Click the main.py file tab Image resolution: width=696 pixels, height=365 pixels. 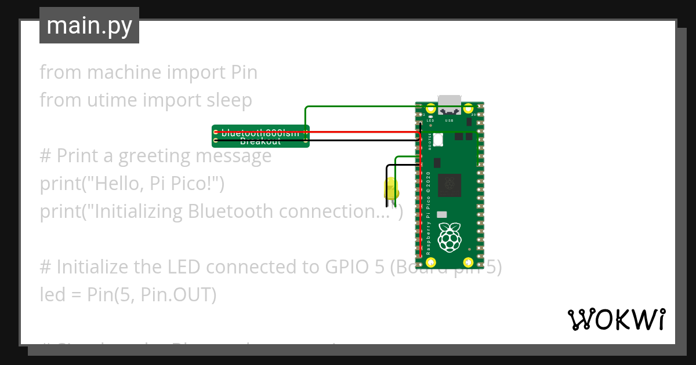[89, 25]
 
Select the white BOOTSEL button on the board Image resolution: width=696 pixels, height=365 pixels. [437, 140]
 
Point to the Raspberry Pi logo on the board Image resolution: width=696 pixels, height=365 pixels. [449, 237]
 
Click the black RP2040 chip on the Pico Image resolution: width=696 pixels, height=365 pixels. [449, 185]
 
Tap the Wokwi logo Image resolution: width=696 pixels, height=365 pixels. [616, 319]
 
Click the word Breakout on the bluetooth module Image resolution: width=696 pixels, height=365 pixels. [260, 141]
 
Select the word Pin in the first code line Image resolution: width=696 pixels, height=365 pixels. [244, 72]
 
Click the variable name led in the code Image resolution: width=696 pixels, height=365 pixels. [50, 295]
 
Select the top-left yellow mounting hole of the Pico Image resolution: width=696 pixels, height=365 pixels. [430, 108]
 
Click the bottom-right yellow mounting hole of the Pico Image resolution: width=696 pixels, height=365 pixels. [469, 261]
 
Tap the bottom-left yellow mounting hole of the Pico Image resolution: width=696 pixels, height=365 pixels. [430, 261]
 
